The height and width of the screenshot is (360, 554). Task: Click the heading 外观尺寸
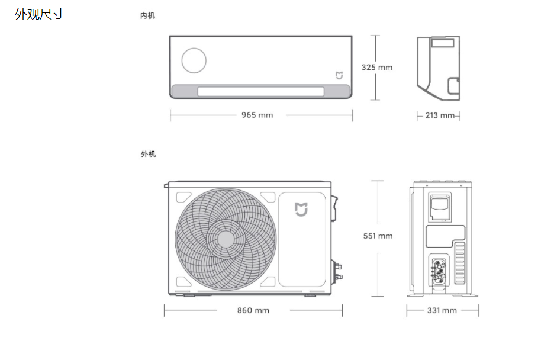(39, 14)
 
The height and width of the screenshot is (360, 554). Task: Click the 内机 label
(147, 15)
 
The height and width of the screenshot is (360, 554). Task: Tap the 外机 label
(148, 154)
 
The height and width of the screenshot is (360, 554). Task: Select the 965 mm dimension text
(257, 115)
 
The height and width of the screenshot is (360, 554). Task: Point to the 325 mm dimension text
(377, 67)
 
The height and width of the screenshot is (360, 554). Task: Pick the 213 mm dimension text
(440, 115)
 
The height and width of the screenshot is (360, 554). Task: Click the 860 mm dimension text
(253, 310)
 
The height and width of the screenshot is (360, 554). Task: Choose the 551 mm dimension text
(378, 236)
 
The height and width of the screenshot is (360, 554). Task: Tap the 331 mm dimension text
(442, 310)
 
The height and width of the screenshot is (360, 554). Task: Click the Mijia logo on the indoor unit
(339, 76)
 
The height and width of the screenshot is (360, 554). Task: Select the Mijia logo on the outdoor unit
(301, 210)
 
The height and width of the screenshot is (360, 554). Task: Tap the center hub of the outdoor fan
(226, 240)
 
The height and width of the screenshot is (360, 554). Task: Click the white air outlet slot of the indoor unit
(261, 92)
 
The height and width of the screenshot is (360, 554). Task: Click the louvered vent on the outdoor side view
(460, 263)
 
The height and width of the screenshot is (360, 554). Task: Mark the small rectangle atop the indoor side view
(442, 43)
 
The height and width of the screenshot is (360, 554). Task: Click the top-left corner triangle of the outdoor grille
(183, 197)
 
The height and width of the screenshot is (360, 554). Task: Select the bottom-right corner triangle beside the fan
(268, 282)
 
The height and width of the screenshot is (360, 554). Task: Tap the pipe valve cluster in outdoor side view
(439, 272)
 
